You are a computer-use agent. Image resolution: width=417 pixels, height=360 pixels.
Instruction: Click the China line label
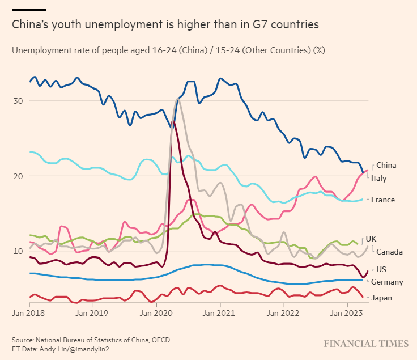pos(386,166)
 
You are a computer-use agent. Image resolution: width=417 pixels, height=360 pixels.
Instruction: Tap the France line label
pos(382,200)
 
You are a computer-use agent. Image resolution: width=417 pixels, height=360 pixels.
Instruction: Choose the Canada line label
pos(389,251)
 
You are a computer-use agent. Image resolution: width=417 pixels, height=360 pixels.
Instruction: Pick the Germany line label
pos(387,282)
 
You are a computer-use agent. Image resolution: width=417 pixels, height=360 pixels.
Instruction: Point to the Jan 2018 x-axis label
pos(28,312)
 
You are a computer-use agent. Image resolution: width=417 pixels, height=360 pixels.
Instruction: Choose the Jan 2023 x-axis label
pos(347,312)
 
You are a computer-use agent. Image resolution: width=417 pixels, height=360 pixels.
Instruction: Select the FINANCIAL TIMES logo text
pos(366,344)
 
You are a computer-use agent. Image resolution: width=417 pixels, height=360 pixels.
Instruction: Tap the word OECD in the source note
pos(160,340)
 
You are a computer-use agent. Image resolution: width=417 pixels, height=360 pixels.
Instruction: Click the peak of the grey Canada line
pos(178,99)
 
